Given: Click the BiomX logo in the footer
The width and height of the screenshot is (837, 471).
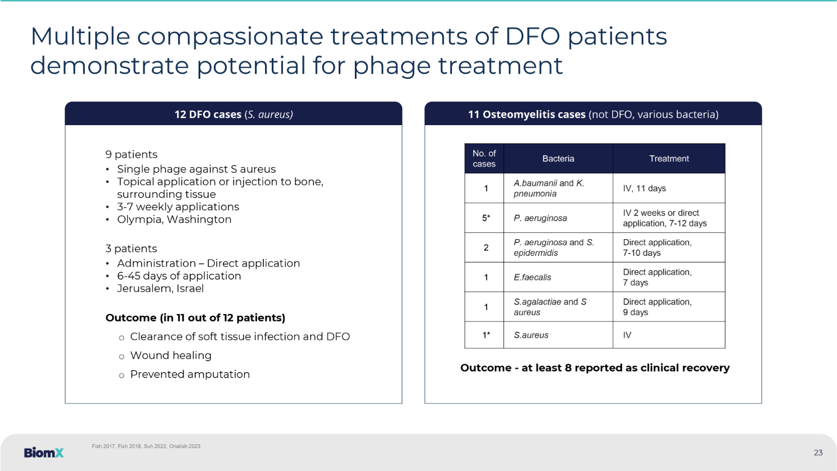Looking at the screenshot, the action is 44,453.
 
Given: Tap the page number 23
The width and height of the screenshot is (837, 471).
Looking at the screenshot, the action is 818,453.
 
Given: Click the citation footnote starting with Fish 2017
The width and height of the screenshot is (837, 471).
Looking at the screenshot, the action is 146,446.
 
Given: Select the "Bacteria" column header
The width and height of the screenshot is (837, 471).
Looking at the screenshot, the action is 558,159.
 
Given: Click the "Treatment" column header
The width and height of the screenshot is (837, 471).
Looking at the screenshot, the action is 669,159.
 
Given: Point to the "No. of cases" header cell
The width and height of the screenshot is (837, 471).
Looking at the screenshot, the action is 484,159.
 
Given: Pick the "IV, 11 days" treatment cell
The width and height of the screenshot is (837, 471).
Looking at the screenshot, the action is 669,188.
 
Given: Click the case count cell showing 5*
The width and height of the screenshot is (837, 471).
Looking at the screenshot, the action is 484,218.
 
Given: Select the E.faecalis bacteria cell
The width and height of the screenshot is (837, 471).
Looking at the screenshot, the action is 558,277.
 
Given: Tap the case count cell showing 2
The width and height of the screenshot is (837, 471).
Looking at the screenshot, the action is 484,248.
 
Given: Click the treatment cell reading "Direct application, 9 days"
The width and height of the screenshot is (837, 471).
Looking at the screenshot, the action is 669,307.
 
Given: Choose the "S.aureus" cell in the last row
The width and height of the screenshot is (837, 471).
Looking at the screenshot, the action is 558,335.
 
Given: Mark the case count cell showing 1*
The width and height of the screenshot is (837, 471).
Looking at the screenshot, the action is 484,335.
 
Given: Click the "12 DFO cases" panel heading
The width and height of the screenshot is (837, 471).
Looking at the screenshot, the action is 234,114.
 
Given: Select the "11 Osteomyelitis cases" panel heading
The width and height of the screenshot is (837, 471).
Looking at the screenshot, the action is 593,114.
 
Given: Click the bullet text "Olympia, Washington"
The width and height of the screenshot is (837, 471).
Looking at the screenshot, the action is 174,220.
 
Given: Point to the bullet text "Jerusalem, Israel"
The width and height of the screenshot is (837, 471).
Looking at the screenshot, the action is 160,288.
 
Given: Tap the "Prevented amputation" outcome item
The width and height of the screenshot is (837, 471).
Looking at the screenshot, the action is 190,374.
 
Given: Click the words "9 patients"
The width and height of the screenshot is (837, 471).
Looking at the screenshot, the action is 131,155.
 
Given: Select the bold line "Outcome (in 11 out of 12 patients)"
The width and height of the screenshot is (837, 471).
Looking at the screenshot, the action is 195,318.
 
